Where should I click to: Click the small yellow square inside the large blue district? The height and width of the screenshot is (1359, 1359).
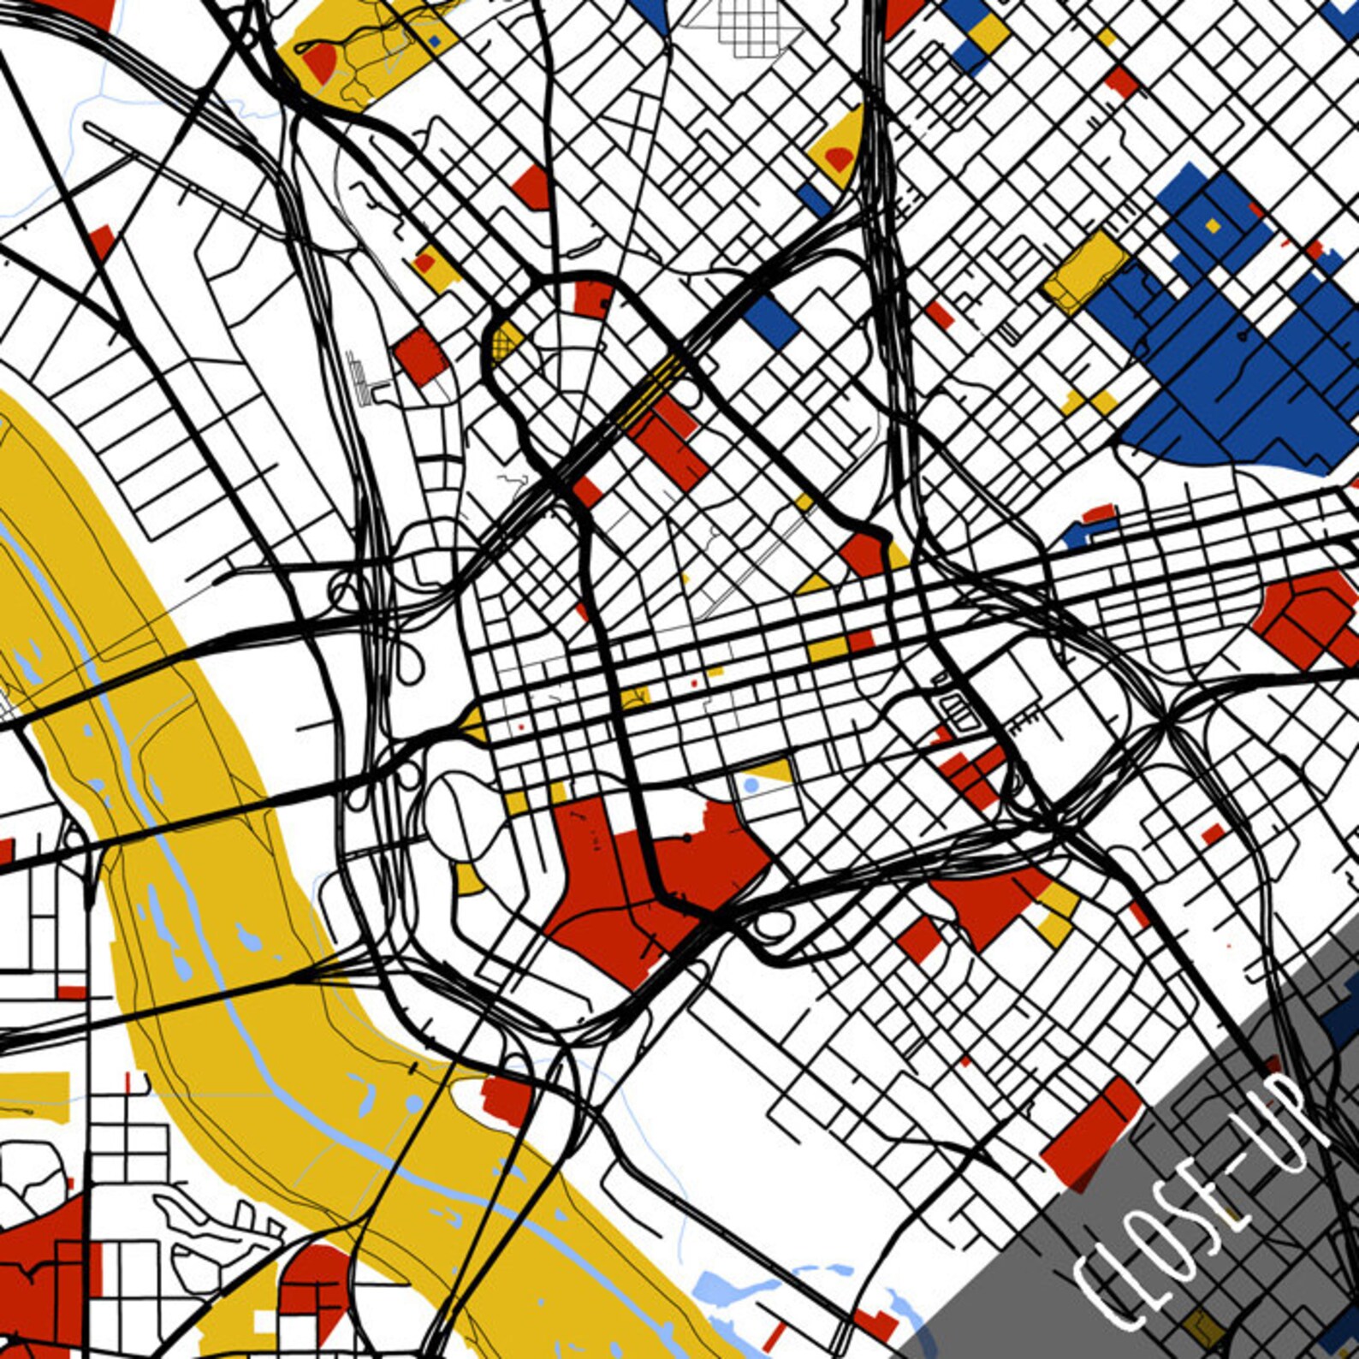click(1212, 226)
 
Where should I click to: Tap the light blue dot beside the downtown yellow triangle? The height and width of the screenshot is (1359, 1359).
click(751, 784)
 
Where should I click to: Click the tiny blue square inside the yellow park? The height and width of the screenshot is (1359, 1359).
click(434, 40)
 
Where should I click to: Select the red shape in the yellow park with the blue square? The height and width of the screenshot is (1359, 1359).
click(320, 62)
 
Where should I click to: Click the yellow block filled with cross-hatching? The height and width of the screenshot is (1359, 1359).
click(506, 343)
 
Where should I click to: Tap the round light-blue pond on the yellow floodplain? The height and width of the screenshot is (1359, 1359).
click(414, 1105)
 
